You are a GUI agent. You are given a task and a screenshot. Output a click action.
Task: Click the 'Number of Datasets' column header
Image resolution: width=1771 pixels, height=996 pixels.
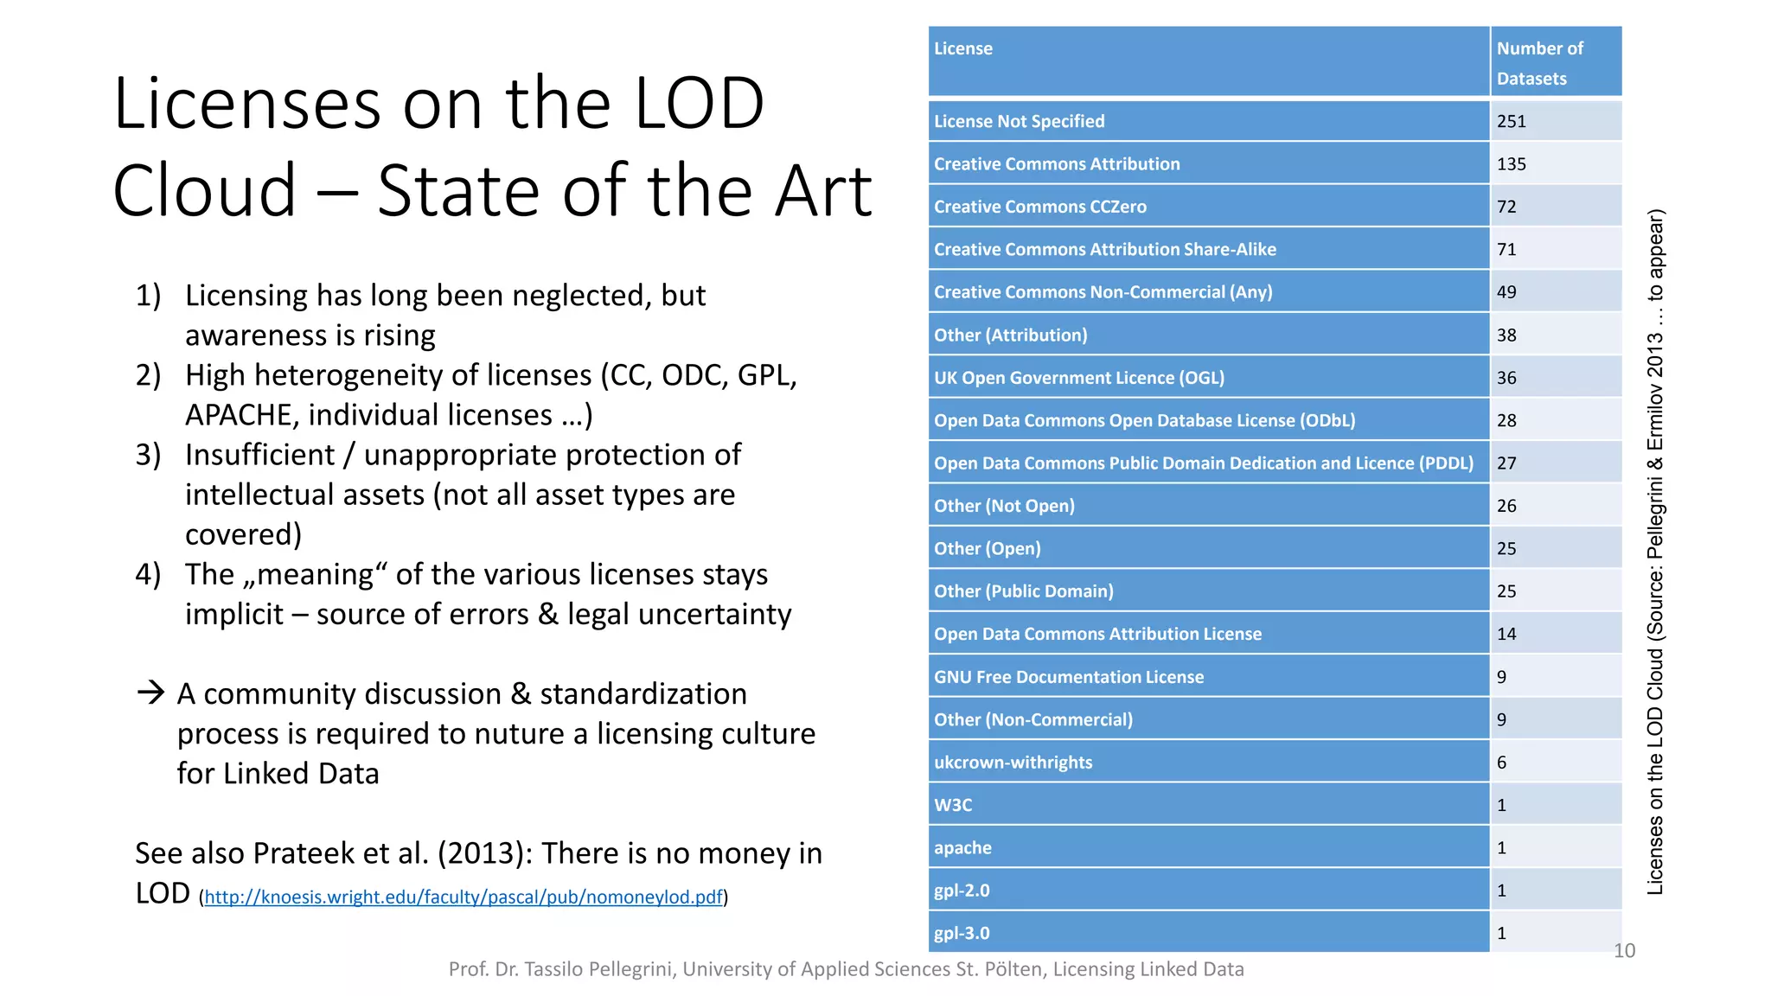1539,63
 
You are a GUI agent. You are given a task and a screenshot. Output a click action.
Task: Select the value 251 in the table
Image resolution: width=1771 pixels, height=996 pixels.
1512,122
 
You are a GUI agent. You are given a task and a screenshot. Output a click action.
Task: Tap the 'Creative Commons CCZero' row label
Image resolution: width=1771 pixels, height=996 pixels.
1039,207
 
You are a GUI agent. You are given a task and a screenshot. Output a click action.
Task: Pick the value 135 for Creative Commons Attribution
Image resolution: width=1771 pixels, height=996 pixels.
1512,164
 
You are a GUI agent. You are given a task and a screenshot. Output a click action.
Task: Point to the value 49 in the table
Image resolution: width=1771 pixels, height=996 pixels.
1506,292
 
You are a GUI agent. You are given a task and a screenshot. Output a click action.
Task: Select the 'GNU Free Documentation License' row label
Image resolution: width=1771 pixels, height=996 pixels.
1068,678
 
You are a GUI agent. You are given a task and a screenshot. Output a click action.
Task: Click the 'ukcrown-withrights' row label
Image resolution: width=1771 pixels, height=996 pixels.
1013,763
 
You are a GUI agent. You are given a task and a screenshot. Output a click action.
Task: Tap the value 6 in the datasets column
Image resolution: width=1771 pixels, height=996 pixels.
1502,763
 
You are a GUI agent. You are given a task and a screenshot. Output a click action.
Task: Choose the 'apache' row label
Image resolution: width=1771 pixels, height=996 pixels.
962,848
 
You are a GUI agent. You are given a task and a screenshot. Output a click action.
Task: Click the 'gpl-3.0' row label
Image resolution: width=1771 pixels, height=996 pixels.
962,934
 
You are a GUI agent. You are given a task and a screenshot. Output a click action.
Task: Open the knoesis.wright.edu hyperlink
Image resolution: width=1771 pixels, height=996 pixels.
464,897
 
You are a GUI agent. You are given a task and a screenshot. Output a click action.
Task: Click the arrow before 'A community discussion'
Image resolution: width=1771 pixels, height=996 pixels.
150,693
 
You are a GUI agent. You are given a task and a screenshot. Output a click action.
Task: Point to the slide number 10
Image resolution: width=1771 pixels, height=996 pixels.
1624,951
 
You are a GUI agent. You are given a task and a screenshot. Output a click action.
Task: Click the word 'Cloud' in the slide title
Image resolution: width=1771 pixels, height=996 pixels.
204,191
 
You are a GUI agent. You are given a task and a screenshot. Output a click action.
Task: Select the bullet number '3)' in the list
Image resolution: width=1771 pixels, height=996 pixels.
148,455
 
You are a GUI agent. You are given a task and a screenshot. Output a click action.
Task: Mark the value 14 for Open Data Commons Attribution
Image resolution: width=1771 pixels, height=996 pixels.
1506,635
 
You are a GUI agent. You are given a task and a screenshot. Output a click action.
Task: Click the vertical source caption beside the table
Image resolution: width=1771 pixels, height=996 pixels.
1654,553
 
